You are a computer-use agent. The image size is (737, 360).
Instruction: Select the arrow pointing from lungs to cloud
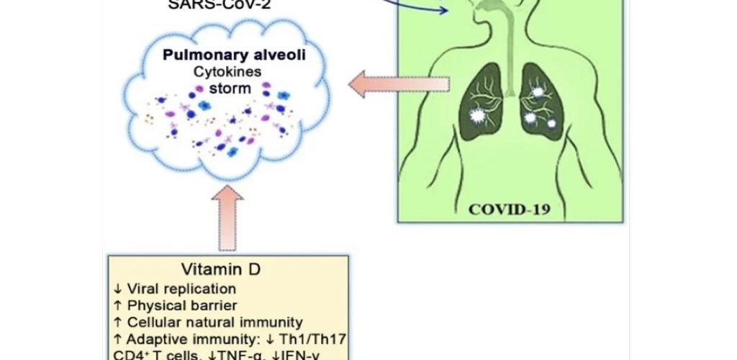tap(398, 86)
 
